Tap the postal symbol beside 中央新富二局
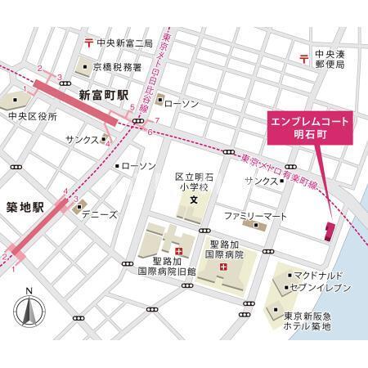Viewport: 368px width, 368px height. (x=88, y=42)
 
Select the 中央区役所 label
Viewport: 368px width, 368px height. (x=33, y=117)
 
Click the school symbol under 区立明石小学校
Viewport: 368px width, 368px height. (x=194, y=200)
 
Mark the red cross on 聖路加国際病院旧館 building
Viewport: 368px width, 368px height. (x=177, y=249)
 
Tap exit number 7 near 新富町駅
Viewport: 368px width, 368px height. (x=156, y=121)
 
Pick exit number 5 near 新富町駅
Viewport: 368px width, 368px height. (x=121, y=105)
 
